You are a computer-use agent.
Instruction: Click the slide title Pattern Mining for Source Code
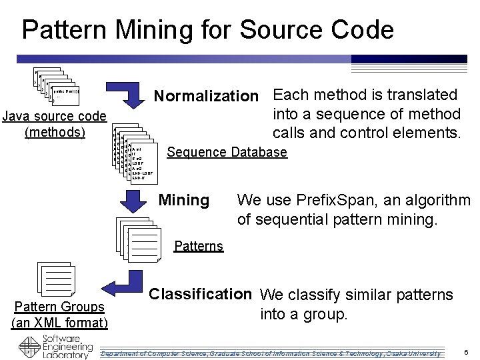pos(207,30)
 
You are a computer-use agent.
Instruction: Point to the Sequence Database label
pos(227,153)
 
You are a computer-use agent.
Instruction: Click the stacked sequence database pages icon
pos(135,152)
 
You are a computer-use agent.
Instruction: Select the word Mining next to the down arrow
pos(183,200)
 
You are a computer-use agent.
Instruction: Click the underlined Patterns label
pos(198,247)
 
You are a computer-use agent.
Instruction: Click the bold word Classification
pos(201,293)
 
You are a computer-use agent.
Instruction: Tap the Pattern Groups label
pos(60,307)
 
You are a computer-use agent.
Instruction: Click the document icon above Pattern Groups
pos(57,279)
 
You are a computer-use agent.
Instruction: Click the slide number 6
pos(465,351)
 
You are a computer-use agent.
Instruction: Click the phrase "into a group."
pos(304,314)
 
